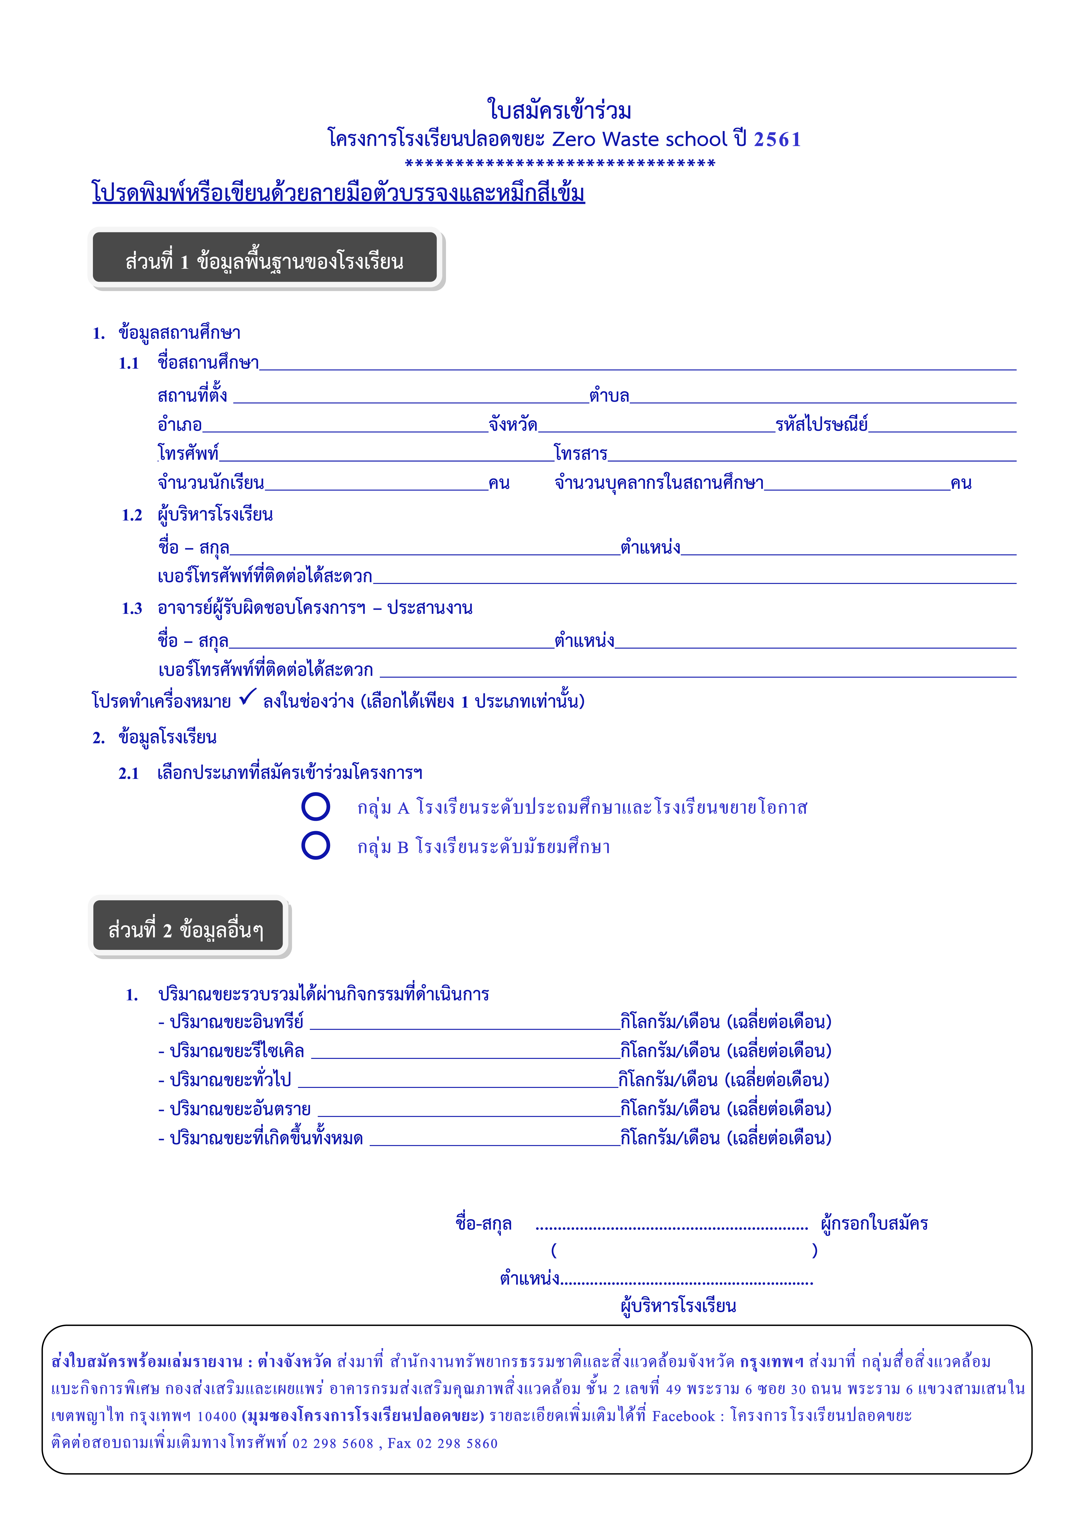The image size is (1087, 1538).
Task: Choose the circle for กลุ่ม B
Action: click(315, 845)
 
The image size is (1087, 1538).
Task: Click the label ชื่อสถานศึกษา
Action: click(208, 363)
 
